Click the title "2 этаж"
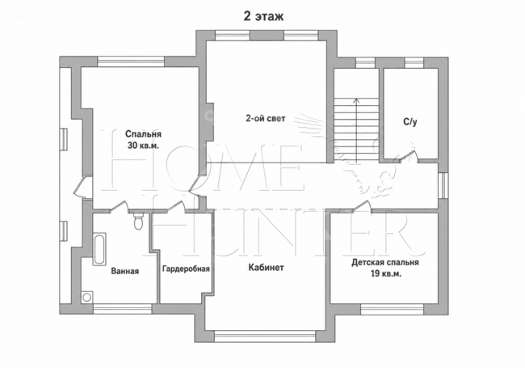pos(263,16)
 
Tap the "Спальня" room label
pos(143,134)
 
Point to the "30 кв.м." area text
pos(143,146)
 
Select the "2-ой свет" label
pos(266,118)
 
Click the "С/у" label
pos(410,121)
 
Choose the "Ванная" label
pos(125,271)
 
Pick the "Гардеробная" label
pos(186,269)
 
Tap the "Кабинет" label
pos(267,268)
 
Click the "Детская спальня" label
pos(385,262)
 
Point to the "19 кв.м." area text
pos(386,274)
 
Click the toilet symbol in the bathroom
pos(138,221)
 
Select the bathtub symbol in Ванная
pos(99,249)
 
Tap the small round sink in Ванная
pos(87,298)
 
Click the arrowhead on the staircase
pos(356,99)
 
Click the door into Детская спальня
pos(362,206)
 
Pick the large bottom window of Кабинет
pos(265,336)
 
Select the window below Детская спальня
pos(392,309)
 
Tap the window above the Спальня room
pos(131,61)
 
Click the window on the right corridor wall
pos(443,185)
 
